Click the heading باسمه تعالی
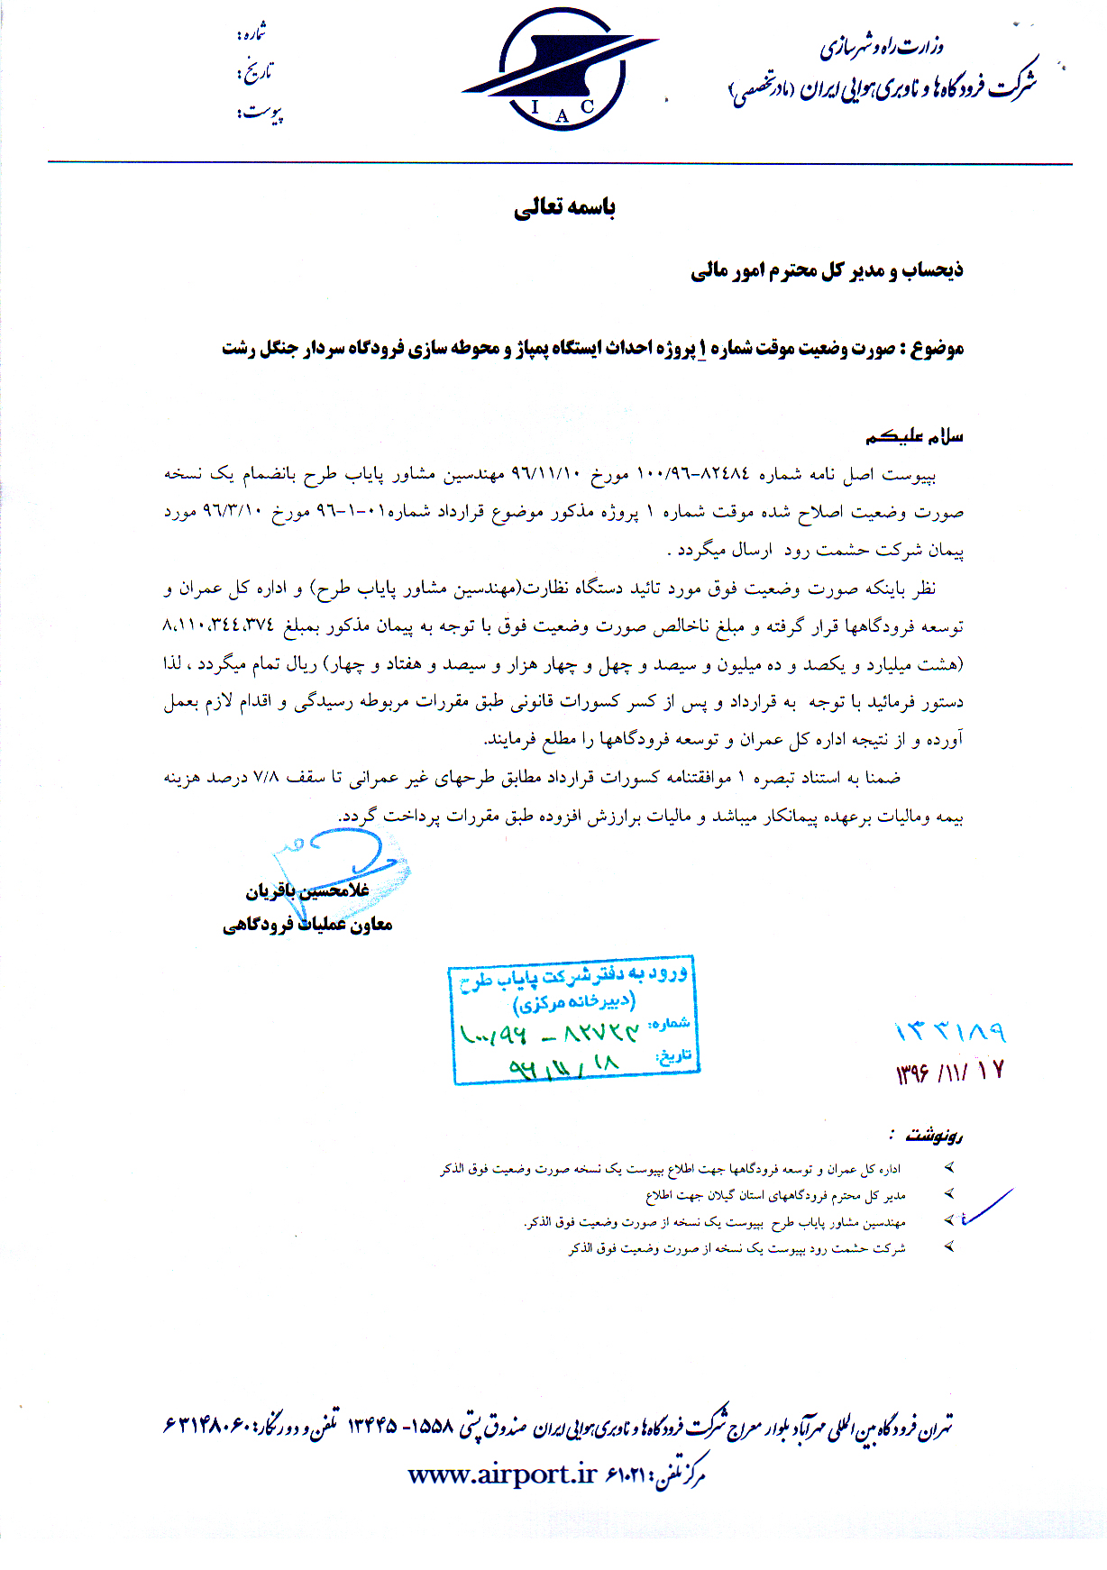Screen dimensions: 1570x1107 tap(564, 208)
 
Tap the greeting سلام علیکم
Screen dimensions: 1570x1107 tap(914, 437)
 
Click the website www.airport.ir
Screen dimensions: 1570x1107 tap(502, 1474)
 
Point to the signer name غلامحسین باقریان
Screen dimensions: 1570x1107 tap(307, 890)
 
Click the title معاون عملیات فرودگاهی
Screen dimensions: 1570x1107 tap(307, 925)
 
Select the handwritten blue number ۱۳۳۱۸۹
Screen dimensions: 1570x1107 tap(949, 1032)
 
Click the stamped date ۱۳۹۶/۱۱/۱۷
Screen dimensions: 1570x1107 tap(949, 1072)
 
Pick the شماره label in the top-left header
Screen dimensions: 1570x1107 tap(252, 34)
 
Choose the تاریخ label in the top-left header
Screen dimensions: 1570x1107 tap(254, 72)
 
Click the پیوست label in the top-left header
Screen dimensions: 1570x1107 tap(260, 113)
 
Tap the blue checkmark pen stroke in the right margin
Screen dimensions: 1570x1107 tap(987, 1209)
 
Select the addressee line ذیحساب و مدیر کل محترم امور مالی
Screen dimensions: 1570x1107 tap(827, 270)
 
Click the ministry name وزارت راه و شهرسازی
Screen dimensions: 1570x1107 tap(881, 47)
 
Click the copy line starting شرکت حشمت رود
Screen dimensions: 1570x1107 tap(736, 1248)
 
